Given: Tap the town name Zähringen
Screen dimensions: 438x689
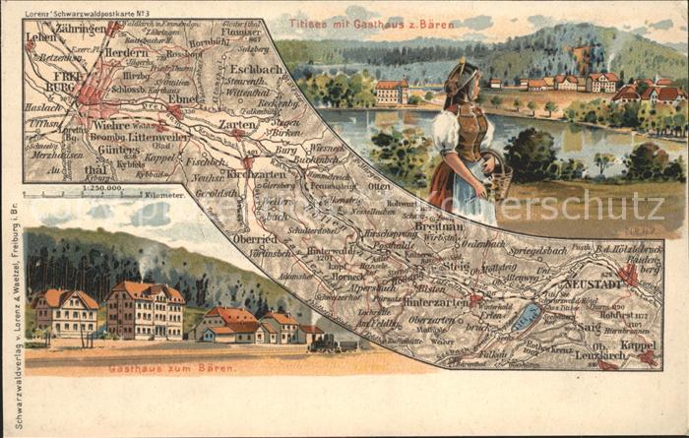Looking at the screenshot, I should point(82,30).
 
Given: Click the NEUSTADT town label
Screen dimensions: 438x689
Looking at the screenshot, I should point(594,283).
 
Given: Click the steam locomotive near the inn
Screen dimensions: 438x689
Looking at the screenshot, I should point(333,343).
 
